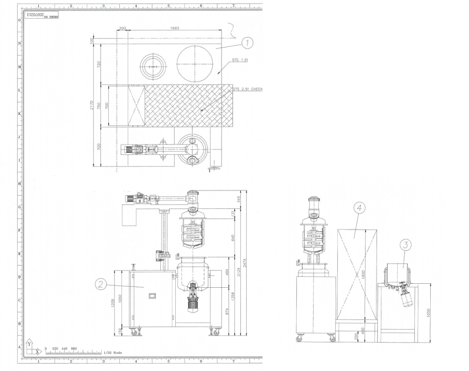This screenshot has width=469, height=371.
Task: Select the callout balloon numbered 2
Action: coord(101,285)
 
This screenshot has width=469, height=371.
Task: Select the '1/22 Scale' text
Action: coord(113,352)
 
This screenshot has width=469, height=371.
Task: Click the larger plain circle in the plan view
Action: coord(195,63)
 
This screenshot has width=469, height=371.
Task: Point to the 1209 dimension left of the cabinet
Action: coord(113,303)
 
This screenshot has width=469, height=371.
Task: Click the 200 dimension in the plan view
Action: coord(122,28)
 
